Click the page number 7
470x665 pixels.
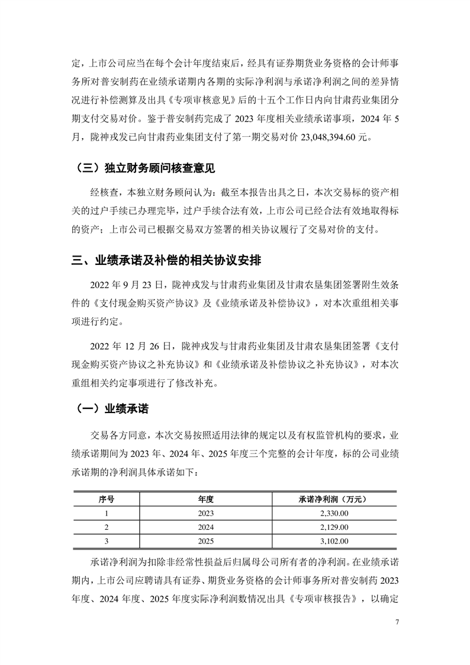click(x=397, y=622)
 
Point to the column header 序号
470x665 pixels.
click(x=107, y=499)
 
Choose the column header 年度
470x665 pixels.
click(x=205, y=499)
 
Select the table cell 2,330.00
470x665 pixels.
click(x=333, y=513)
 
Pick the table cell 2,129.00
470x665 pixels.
click(x=333, y=527)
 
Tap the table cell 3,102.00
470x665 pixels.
click(x=333, y=541)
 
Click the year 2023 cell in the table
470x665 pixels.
click(x=205, y=513)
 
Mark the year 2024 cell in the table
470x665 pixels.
click(x=205, y=527)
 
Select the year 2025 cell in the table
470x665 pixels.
click(x=205, y=541)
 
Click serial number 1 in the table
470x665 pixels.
click(x=107, y=513)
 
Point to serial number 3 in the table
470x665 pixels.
click(x=107, y=541)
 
